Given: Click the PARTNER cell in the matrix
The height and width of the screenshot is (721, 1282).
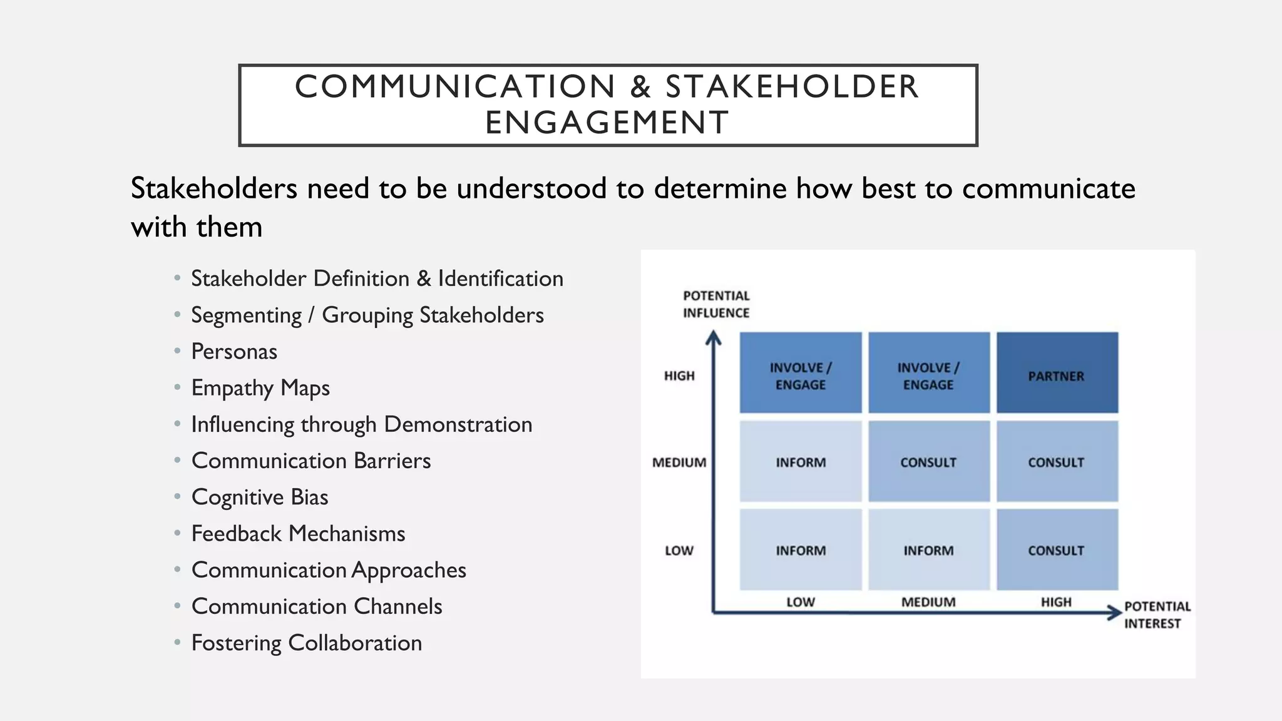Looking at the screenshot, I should click(x=1057, y=374).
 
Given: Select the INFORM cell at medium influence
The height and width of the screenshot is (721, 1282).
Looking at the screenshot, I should click(x=801, y=462).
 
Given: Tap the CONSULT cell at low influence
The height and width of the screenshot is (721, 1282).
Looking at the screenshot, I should click(x=1057, y=550).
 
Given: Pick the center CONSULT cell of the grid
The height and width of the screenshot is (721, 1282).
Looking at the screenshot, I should click(x=928, y=462).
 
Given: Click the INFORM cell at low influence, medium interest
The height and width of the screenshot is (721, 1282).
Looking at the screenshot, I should click(x=928, y=550).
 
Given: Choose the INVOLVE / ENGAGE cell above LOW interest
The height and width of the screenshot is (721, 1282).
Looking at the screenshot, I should click(x=801, y=374).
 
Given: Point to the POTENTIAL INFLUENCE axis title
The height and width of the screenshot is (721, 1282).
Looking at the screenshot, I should click(x=716, y=304).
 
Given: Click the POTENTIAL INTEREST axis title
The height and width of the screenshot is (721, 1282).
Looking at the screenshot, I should click(x=1156, y=615).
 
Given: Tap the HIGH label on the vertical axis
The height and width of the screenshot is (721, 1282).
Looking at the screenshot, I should click(x=679, y=376).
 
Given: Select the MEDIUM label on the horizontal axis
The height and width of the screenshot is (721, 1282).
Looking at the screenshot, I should click(x=928, y=602).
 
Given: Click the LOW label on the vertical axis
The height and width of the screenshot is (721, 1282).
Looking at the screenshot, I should click(x=679, y=551).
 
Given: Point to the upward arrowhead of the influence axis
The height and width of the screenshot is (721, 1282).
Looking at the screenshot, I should click(x=714, y=338).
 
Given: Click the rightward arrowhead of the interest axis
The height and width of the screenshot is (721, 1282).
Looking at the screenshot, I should click(x=1114, y=612).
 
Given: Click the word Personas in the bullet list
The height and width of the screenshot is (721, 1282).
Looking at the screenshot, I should click(x=234, y=352).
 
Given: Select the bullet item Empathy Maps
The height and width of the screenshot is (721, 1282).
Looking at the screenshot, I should click(x=260, y=388).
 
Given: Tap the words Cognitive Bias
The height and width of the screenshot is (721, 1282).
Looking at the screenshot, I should click(x=260, y=497).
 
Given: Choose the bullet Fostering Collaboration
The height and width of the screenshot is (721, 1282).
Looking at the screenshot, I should click(x=307, y=643).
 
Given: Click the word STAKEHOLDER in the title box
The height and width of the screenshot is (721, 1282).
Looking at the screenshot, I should click(x=792, y=86).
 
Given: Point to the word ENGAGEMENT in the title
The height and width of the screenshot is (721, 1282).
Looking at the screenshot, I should click(x=607, y=122).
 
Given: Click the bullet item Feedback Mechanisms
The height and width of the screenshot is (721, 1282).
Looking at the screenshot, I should click(x=299, y=534).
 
